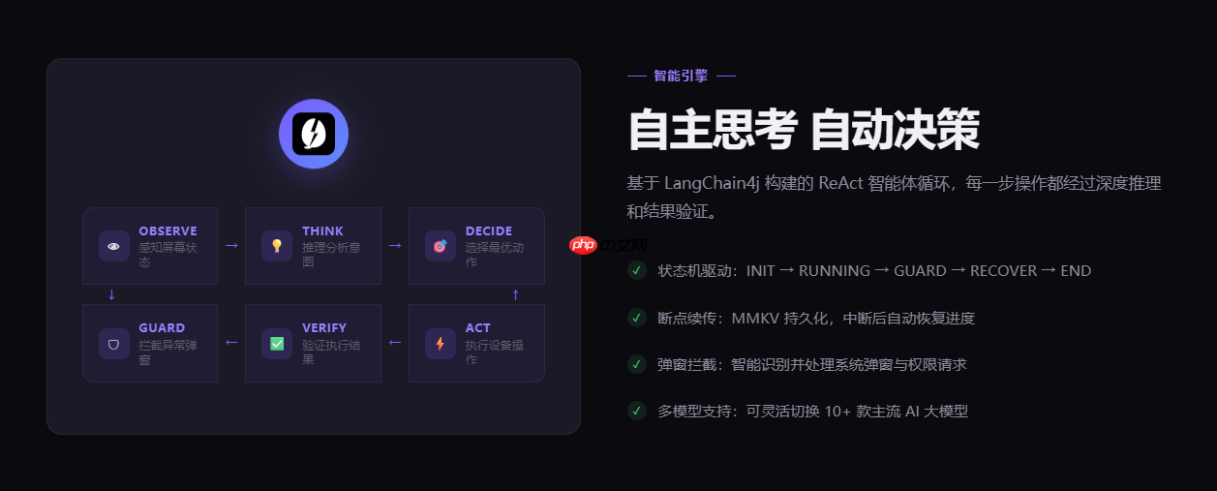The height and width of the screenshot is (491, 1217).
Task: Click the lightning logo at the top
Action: tap(314, 134)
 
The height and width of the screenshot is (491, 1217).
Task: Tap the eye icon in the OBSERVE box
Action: tap(114, 246)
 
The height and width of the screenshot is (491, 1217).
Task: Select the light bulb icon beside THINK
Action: tap(277, 246)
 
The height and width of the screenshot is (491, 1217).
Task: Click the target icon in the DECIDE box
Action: tap(440, 246)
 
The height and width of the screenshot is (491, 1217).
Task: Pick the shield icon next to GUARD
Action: tap(114, 343)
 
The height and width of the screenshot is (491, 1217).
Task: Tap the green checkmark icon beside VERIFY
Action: tap(277, 343)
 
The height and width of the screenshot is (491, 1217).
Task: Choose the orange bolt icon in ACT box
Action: tap(440, 343)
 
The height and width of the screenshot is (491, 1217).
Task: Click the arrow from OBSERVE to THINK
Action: tap(231, 246)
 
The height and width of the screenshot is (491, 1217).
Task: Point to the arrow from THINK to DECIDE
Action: tap(394, 246)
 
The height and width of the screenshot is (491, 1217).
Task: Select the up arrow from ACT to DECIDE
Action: tap(515, 294)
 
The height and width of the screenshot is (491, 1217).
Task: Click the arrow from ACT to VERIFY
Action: tap(394, 342)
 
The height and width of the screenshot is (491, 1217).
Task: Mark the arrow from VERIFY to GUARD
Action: tap(231, 342)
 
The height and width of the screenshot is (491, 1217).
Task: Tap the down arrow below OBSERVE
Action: tap(111, 294)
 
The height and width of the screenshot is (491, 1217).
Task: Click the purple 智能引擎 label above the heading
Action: tap(681, 76)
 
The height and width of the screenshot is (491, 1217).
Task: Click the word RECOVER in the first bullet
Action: tap(1003, 271)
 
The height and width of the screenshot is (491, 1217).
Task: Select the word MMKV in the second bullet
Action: tap(756, 318)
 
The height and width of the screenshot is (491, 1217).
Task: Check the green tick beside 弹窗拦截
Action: tap(636, 364)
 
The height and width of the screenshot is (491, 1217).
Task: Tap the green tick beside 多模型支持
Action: tap(636, 411)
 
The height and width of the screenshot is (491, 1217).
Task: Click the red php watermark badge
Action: tap(583, 245)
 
